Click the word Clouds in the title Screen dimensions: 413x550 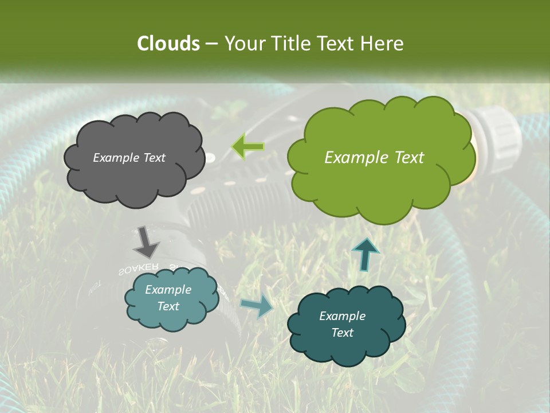coord(167,44)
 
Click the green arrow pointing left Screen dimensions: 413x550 coord(247,147)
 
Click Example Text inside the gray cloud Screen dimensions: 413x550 coord(129,158)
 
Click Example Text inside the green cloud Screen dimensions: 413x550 coord(374,158)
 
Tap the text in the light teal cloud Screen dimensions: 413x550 coord(168,298)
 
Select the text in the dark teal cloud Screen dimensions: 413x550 coord(342,324)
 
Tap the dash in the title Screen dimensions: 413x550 coord(211,44)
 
